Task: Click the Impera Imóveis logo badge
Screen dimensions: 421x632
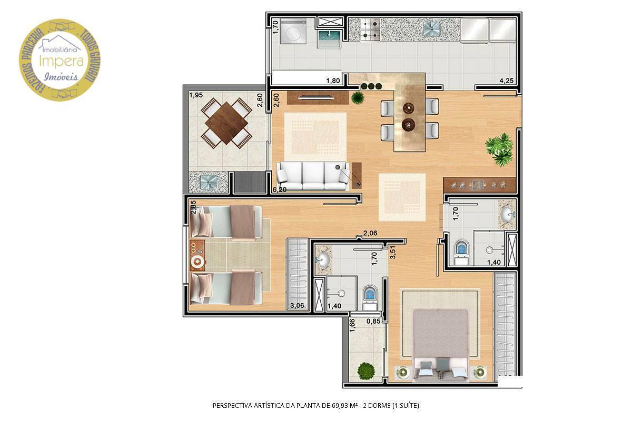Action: tap(60, 59)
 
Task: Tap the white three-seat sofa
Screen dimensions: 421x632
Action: tap(313, 176)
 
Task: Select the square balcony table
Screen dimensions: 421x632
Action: tap(226, 122)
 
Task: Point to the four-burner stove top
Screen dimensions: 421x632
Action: tap(370, 29)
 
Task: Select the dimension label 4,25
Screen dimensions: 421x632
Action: tap(507, 81)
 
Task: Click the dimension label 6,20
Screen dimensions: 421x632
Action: tap(280, 189)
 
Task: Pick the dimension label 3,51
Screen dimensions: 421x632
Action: tap(392, 253)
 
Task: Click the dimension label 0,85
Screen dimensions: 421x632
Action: tap(373, 320)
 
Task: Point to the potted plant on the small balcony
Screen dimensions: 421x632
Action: tap(366, 370)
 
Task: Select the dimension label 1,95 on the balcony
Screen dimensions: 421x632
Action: tap(195, 95)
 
